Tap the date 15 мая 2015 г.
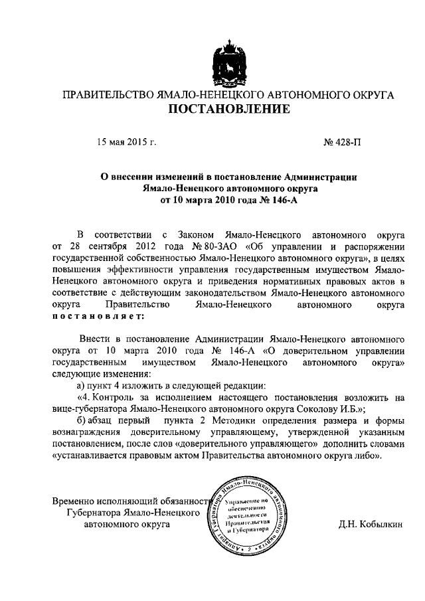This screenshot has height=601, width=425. click(127, 141)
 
